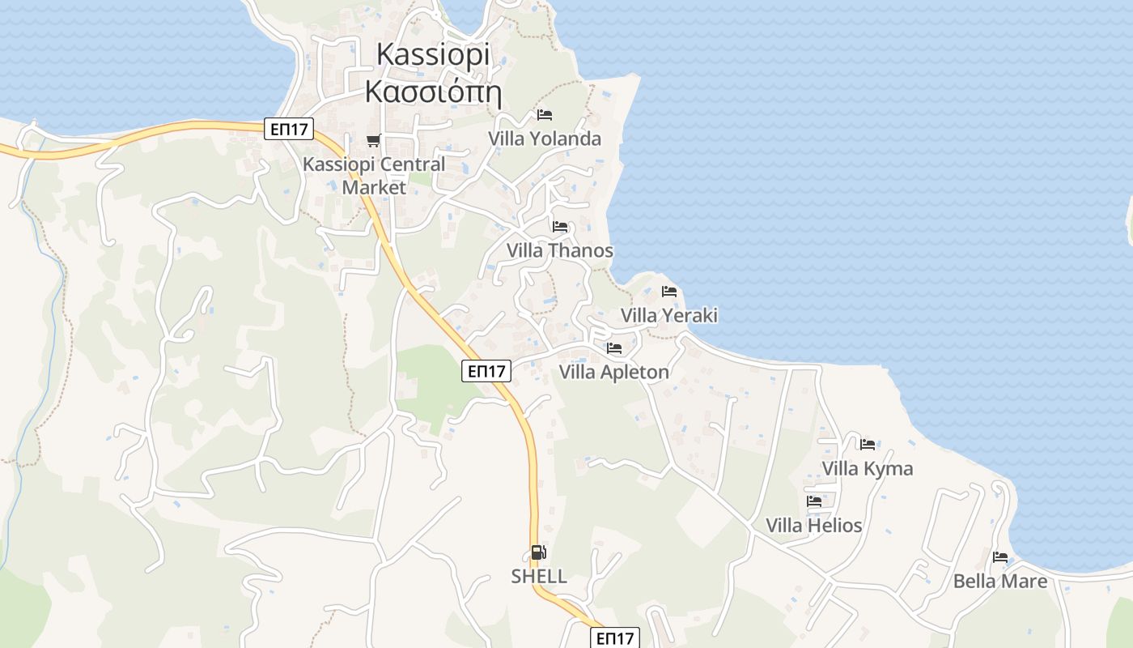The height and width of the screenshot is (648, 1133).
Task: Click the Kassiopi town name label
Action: pos(433,54)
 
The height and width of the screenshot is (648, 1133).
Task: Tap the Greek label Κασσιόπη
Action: pos(433,92)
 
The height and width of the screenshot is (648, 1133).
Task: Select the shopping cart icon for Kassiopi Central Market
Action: pos(373,141)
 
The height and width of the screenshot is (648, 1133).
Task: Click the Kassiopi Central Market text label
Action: pos(374,175)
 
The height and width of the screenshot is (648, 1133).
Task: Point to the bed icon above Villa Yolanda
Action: pos(545,115)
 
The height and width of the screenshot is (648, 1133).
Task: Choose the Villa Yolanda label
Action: pos(545,139)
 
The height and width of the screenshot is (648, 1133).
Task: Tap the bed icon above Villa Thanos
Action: pos(560,227)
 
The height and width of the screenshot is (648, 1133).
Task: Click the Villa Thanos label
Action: pos(560,250)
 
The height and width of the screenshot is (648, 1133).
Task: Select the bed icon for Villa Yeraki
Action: pos(669,292)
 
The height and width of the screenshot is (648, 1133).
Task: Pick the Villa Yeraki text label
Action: pos(669,315)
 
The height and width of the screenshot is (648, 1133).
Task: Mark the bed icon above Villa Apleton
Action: pos(614,348)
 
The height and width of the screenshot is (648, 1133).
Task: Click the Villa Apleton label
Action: pos(614,372)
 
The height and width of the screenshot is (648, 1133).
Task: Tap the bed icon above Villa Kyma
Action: pos(868,444)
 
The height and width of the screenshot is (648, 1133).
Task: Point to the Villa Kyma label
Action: pos(868,468)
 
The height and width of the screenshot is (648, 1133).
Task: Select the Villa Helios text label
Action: pos(814,525)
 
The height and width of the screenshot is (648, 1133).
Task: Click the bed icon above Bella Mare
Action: pos(1000,557)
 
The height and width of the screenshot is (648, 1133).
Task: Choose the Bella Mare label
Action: pos(1000,581)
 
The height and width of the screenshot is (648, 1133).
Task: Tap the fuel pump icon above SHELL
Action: pos(538,553)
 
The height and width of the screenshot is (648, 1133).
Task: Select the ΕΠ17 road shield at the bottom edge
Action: pos(614,638)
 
